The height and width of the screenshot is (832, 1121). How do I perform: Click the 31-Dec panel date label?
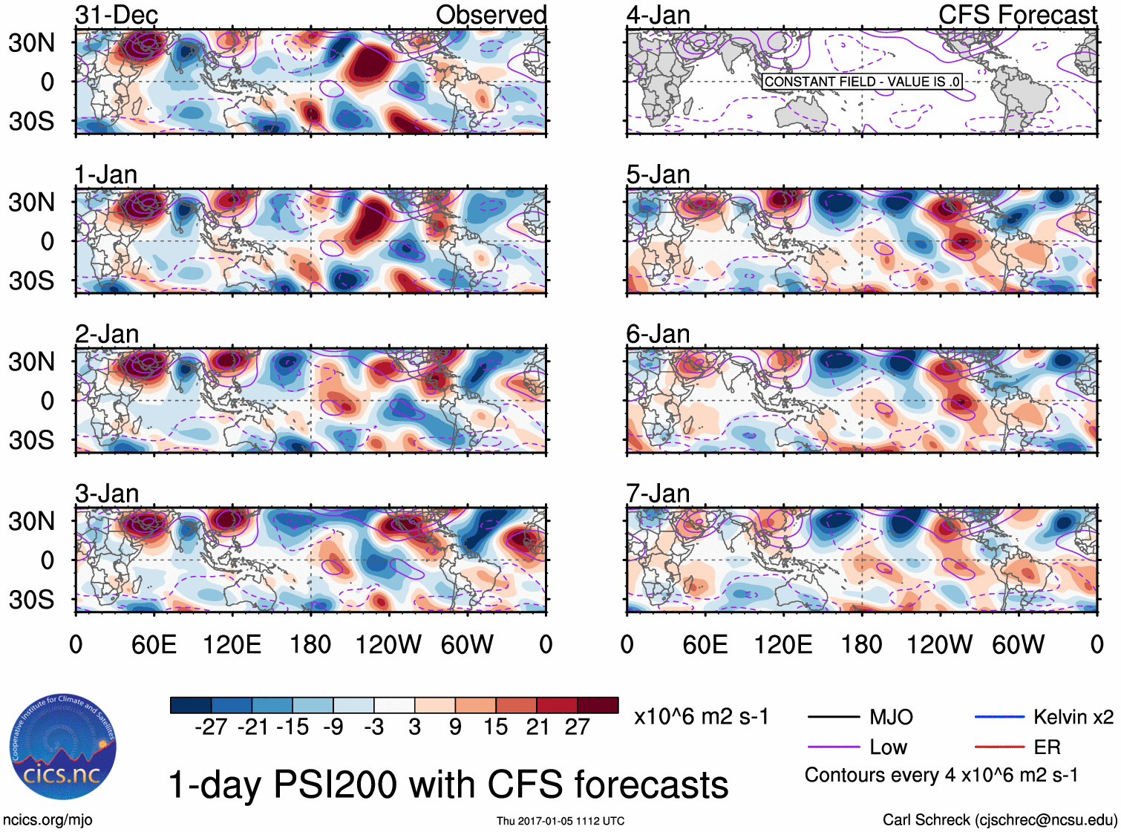(117, 15)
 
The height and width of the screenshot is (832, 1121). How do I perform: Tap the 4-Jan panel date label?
(658, 15)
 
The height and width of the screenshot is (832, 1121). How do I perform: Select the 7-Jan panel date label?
(658, 494)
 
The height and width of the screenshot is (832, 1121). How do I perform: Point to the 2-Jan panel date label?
(107, 334)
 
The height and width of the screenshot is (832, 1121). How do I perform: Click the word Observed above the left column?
(491, 15)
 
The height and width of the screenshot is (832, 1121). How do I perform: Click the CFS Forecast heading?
(1017, 15)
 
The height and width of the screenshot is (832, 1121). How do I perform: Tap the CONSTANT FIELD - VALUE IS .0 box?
(862, 82)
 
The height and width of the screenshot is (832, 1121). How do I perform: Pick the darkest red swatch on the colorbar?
(598, 705)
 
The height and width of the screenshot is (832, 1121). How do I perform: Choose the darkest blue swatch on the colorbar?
(191, 705)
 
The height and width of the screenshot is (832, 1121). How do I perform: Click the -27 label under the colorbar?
(211, 727)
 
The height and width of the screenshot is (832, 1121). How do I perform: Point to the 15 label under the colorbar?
(495, 727)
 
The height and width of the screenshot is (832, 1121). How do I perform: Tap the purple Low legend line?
(833, 747)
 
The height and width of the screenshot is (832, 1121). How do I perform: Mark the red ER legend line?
(999, 747)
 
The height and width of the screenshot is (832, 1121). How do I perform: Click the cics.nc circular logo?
(63, 747)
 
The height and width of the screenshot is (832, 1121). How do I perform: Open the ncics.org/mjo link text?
(48, 820)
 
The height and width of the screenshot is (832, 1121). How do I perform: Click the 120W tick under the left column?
(388, 644)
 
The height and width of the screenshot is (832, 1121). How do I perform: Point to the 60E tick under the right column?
(705, 644)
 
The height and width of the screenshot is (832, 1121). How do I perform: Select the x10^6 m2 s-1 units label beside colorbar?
(701, 717)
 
